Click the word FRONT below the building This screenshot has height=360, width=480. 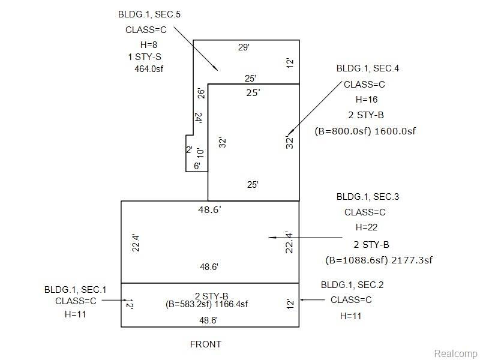[x=205, y=344]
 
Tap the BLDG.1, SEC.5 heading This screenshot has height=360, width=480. [x=149, y=14]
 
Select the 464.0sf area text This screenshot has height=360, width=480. [x=149, y=69]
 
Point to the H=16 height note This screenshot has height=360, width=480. [x=367, y=100]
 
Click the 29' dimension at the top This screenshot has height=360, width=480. [x=244, y=47]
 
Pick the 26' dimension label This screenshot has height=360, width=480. [x=201, y=94]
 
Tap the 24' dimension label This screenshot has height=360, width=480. [x=199, y=118]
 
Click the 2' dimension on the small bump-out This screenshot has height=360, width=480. [x=189, y=149]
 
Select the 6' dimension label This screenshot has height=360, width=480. [x=197, y=166]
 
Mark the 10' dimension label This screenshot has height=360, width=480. [x=200, y=152]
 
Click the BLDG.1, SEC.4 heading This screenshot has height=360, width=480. [x=368, y=68]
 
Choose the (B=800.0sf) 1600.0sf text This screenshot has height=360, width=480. [x=365, y=131]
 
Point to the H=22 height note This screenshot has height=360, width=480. [x=367, y=227]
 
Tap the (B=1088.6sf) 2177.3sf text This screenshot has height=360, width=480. [x=379, y=260]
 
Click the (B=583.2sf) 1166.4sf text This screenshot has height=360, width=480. [x=206, y=304]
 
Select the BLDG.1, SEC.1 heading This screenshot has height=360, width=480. [x=76, y=290]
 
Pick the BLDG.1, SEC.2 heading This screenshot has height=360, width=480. [x=352, y=285]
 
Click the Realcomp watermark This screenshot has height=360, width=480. [x=455, y=353]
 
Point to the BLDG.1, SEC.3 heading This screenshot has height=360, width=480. [x=368, y=197]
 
